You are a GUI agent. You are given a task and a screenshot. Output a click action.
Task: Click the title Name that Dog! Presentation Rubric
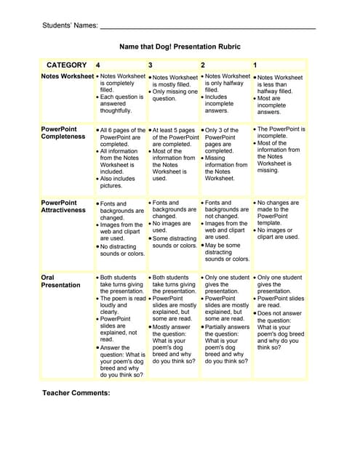click(180, 46)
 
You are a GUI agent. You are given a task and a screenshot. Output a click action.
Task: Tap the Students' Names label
click(70, 25)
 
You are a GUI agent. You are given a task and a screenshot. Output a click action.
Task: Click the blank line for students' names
click(207, 27)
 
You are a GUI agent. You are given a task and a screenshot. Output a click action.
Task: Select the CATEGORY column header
click(66, 65)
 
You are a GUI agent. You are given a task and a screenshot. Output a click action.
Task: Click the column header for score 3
click(151, 65)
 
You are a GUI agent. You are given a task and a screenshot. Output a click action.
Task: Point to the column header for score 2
click(203, 65)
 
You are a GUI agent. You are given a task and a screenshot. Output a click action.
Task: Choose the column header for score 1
click(255, 65)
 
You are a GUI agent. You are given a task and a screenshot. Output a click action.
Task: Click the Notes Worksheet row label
click(67, 76)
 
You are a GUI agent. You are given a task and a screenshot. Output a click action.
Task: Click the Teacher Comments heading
click(76, 392)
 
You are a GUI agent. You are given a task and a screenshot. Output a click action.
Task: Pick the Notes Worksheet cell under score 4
click(121, 94)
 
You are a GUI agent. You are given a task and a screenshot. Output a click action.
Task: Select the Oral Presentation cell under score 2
click(225, 319)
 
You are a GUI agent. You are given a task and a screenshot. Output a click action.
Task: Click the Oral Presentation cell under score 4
click(121, 326)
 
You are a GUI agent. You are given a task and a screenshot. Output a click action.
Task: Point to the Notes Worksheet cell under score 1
click(279, 94)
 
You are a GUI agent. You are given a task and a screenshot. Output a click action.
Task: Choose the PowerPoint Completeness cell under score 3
click(173, 154)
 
